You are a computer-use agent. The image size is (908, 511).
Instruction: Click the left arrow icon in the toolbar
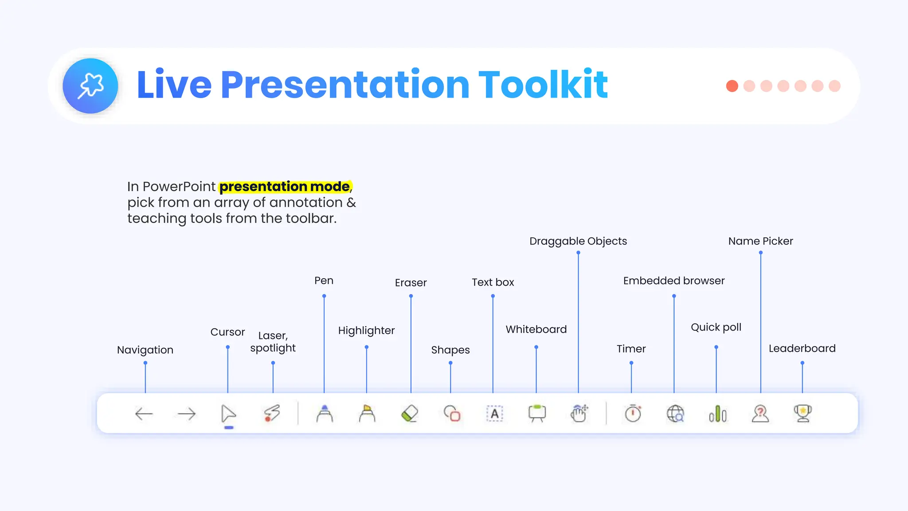144,414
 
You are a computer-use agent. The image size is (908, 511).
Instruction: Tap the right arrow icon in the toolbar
186,414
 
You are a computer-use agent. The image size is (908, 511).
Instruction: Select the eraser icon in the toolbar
409,414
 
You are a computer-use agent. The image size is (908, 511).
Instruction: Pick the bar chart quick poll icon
717,414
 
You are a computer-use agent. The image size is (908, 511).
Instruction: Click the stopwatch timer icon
633,413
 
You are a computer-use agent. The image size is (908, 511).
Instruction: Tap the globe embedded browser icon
675,414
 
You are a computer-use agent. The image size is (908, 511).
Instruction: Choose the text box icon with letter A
494,414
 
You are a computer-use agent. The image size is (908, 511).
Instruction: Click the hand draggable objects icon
579,413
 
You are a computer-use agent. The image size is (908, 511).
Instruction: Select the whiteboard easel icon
537,413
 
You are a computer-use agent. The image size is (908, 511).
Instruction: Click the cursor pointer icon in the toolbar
228,414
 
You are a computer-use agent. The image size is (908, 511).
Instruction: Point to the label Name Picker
760,241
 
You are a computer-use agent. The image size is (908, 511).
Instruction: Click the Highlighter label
366,330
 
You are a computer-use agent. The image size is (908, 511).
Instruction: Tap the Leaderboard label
802,349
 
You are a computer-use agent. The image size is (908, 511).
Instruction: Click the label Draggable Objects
578,241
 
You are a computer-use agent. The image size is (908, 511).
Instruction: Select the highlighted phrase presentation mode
285,187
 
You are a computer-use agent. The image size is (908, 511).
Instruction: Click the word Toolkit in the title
543,85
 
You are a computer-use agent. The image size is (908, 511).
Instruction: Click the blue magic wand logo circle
90,86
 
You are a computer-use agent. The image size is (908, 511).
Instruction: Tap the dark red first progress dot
732,86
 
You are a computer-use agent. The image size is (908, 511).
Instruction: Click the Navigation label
145,350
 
